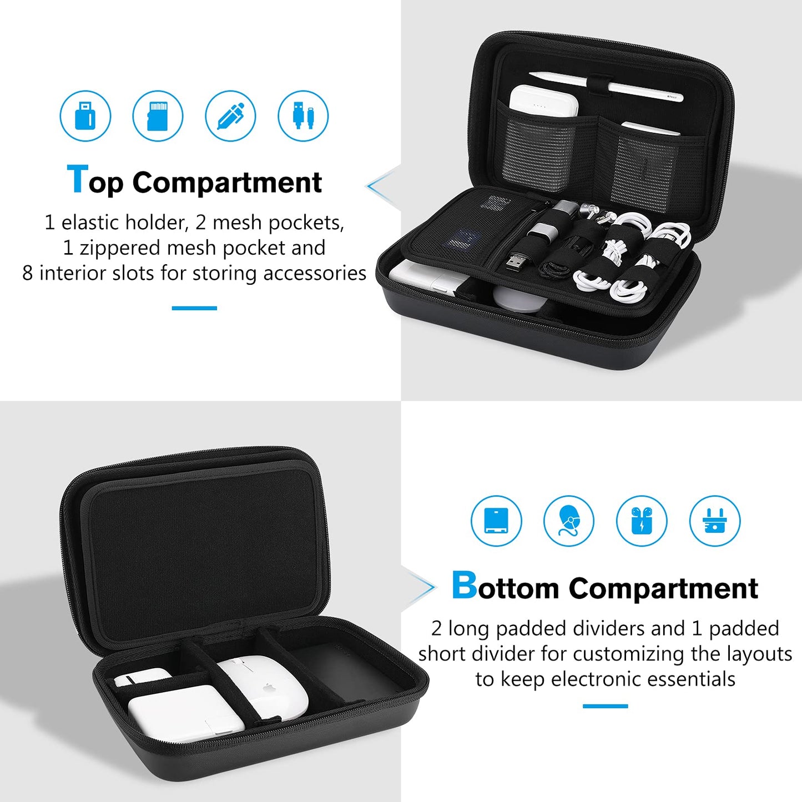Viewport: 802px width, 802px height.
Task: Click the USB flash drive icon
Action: click(85, 116)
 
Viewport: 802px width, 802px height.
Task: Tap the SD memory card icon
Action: click(158, 116)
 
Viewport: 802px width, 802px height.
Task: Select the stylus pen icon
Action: click(230, 116)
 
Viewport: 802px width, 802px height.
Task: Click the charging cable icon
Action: click(303, 116)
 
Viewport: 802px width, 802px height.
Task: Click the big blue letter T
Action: click(77, 180)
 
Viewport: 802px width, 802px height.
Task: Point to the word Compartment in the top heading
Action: click(227, 183)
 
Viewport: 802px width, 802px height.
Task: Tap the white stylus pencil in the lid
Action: click(605, 86)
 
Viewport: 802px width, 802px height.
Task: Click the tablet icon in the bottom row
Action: click(496, 521)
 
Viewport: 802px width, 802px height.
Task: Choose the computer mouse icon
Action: click(569, 521)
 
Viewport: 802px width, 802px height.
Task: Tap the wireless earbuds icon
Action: click(642, 521)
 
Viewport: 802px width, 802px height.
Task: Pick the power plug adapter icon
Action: click(714, 521)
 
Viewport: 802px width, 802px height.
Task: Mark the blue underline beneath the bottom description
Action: click(605, 706)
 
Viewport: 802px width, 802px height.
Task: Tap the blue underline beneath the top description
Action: click(194, 308)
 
